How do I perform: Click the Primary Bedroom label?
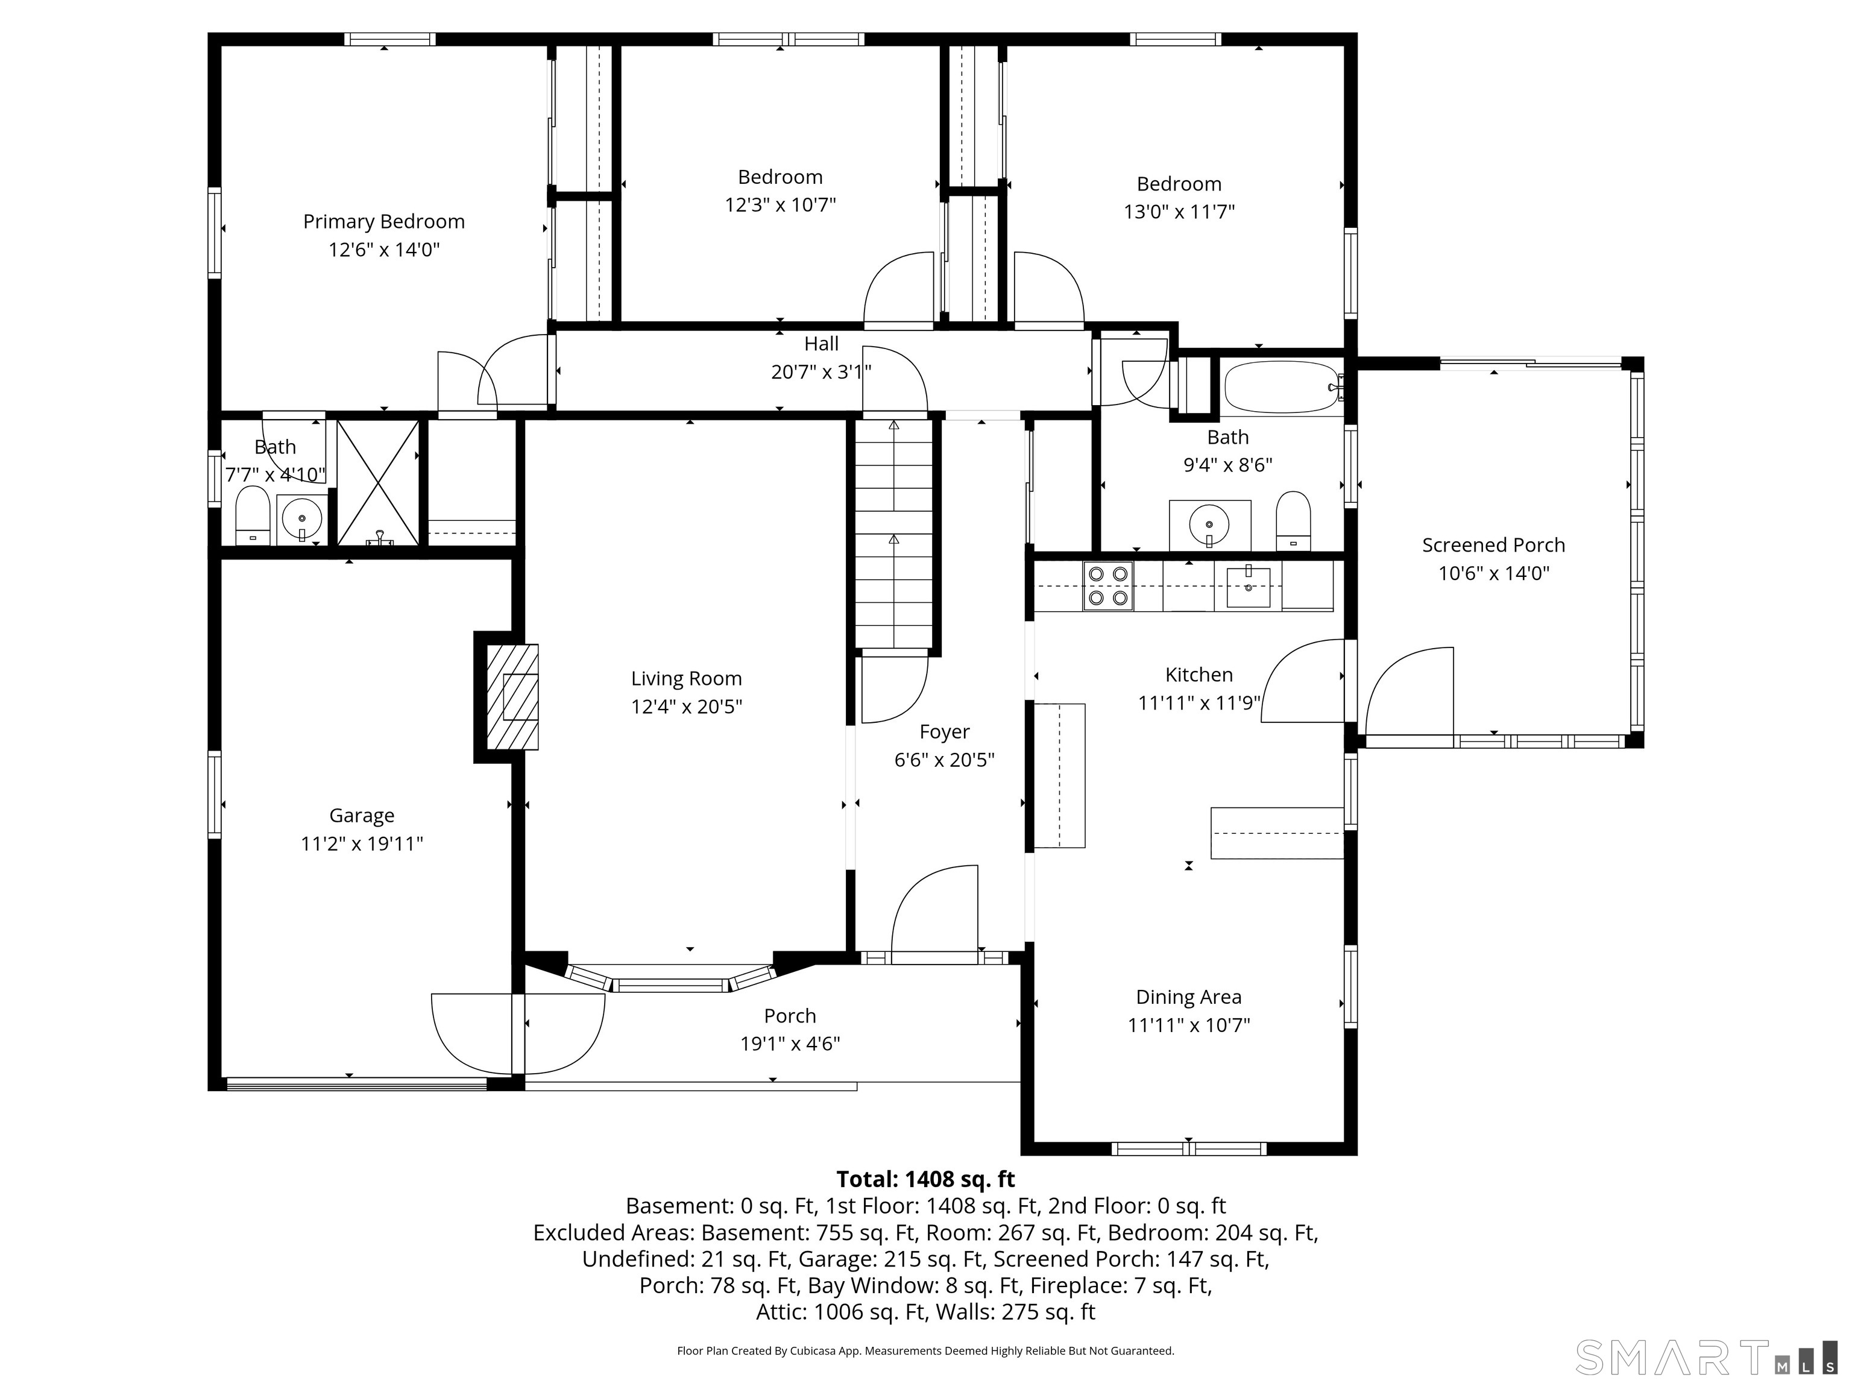(383, 222)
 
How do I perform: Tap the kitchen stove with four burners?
(1107, 586)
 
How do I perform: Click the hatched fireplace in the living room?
(512, 696)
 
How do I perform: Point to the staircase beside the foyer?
(893, 535)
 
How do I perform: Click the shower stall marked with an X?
(377, 483)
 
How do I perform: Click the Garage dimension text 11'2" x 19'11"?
(362, 843)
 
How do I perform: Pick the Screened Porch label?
(1494, 545)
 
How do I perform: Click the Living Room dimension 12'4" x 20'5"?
(687, 707)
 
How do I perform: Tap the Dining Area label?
(1189, 997)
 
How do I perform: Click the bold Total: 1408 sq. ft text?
(926, 1179)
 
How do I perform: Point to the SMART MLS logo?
(1706, 1357)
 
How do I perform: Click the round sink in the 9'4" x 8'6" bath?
(1209, 526)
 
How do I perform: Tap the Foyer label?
(945, 732)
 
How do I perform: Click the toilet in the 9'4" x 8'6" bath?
(1294, 521)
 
